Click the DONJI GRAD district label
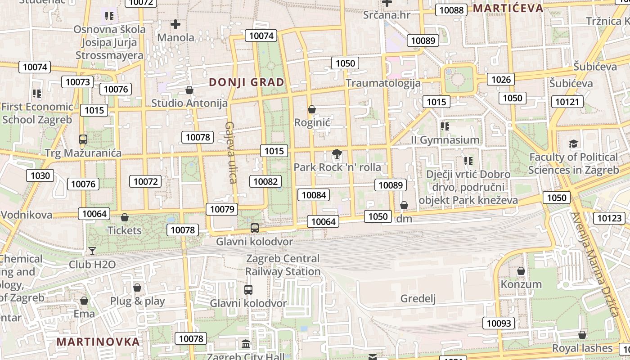(x=247, y=82)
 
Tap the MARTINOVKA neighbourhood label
(x=98, y=342)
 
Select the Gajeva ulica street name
(x=231, y=153)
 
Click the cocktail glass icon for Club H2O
(x=92, y=251)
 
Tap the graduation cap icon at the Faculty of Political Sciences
(x=573, y=144)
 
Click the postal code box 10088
(x=451, y=10)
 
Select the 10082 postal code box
(x=265, y=181)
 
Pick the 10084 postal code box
(x=313, y=195)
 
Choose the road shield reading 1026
(x=501, y=80)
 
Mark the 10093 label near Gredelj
(x=499, y=323)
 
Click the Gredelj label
(x=418, y=299)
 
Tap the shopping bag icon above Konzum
(x=521, y=271)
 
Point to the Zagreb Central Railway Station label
(x=283, y=265)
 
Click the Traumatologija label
(x=383, y=83)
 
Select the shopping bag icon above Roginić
(x=312, y=109)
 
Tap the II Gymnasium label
(x=445, y=140)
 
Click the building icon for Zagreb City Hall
(x=246, y=345)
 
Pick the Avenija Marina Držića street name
(x=594, y=264)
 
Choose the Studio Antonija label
(x=189, y=103)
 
